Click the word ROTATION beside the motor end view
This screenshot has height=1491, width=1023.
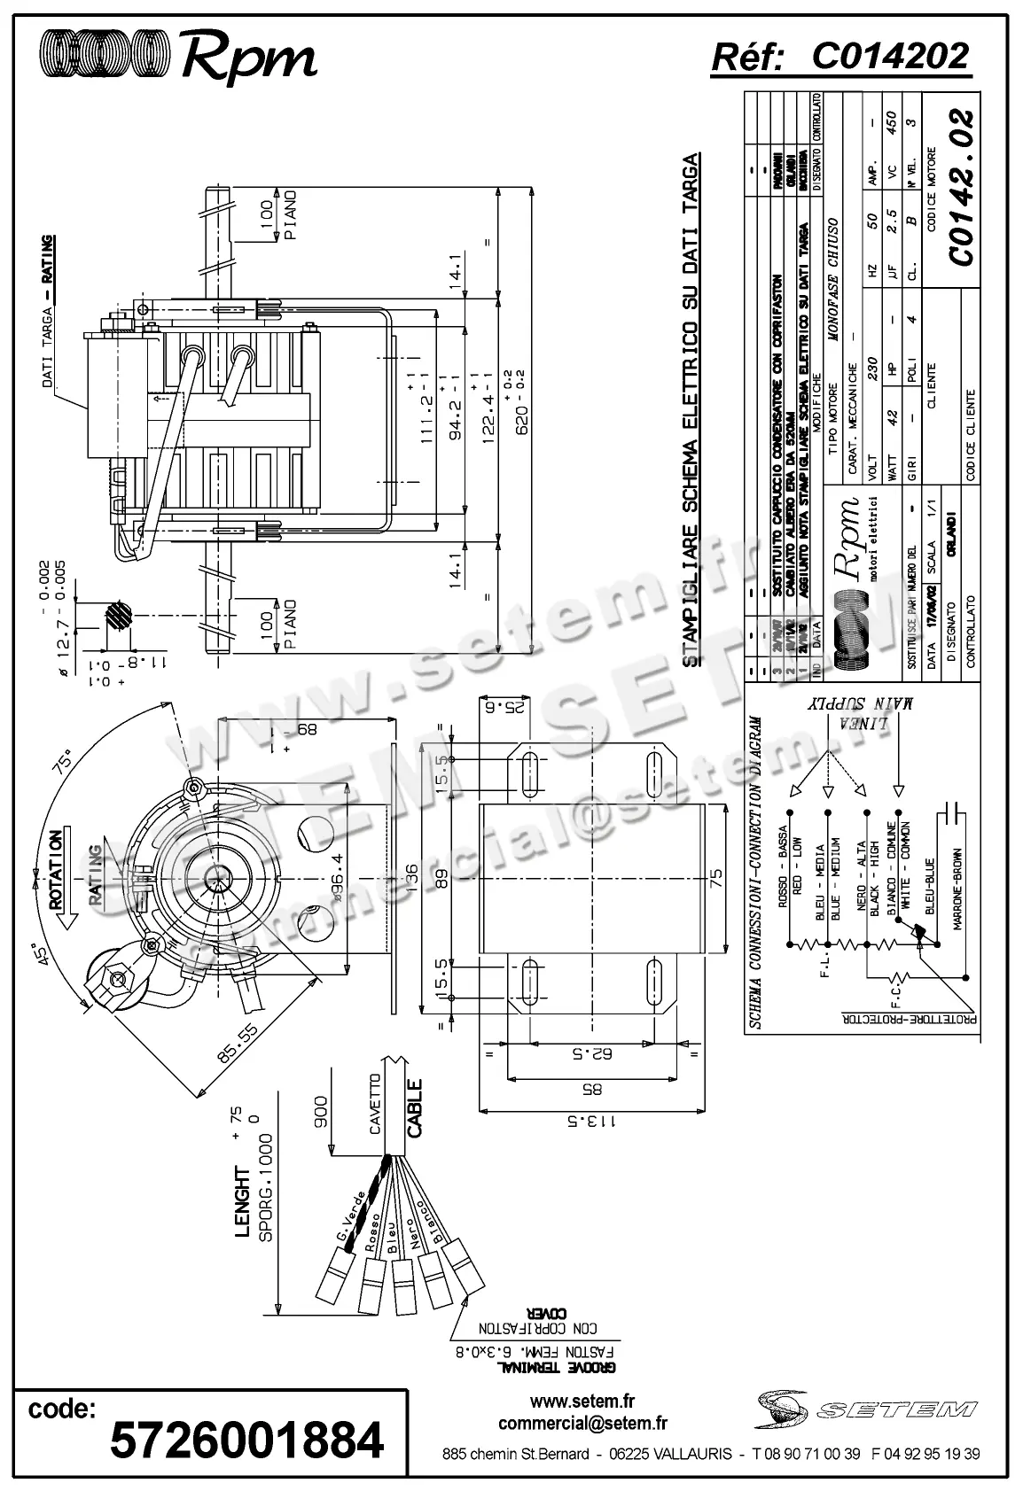click(x=56, y=871)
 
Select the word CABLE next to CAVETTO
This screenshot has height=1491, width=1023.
click(x=414, y=1107)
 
